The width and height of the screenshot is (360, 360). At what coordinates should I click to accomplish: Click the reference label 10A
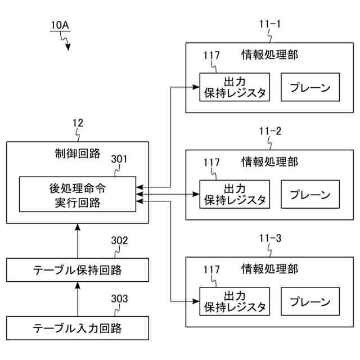click(x=60, y=25)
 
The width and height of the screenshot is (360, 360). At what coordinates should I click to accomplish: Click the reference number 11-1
click(x=270, y=24)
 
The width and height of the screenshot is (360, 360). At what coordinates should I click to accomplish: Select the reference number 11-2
click(x=270, y=131)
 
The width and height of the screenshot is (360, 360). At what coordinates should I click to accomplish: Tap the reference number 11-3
click(x=270, y=238)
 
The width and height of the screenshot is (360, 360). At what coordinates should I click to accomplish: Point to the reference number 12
click(x=78, y=123)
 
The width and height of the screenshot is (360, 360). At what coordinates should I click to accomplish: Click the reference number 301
click(x=119, y=159)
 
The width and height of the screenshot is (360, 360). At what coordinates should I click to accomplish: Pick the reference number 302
click(x=119, y=240)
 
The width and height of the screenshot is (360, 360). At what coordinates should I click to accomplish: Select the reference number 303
click(x=119, y=299)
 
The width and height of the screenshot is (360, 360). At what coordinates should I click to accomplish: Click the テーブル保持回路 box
click(x=78, y=270)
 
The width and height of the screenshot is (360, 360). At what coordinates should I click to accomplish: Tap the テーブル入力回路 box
click(x=78, y=328)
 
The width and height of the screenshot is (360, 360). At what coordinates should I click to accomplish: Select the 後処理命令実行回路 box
click(x=78, y=194)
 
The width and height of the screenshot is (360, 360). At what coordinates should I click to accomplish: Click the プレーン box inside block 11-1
click(x=310, y=87)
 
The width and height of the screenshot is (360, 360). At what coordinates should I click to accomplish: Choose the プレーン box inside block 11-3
click(x=310, y=301)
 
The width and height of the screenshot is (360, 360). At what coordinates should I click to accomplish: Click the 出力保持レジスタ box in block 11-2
click(x=235, y=194)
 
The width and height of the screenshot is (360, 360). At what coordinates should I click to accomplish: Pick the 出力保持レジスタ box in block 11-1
click(x=235, y=87)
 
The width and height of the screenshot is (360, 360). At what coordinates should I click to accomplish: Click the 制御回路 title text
click(x=78, y=154)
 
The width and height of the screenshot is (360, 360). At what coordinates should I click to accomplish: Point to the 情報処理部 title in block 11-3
click(x=270, y=269)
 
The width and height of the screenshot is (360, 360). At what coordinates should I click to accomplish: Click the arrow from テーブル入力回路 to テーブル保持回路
click(x=78, y=299)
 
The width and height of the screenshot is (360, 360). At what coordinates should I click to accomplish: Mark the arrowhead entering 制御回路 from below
click(x=78, y=227)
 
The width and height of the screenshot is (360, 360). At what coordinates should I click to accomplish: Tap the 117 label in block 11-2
click(x=211, y=163)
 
